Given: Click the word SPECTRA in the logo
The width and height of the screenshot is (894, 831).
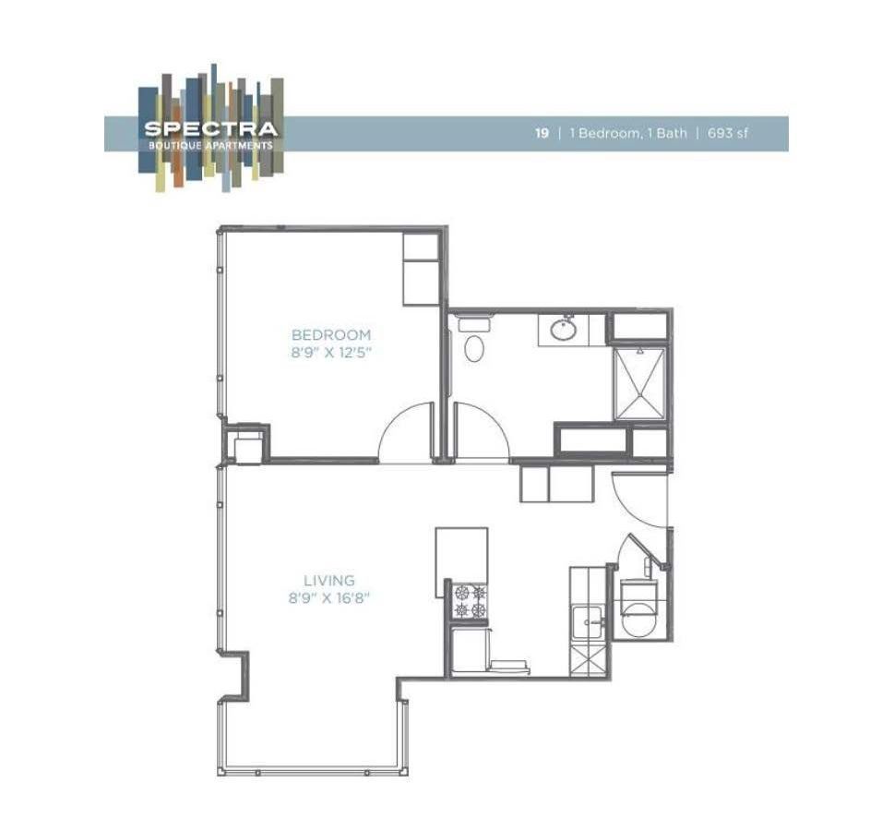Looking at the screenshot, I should [210, 128].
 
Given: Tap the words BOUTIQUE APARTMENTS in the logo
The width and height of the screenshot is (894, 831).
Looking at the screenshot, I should [210, 145].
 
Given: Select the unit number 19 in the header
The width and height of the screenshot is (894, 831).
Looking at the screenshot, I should [542, 133].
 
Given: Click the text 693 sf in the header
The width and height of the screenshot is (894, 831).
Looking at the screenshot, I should [728, 133].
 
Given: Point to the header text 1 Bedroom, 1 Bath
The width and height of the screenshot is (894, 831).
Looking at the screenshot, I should [627, 133].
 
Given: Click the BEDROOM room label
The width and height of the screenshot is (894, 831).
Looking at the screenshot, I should [330, 334].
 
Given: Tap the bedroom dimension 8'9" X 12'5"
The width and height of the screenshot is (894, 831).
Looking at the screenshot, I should [330, 352].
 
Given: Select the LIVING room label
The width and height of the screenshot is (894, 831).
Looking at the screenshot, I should [329, 581].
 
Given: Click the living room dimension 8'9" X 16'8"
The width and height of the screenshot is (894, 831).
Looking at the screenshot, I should [329, 597].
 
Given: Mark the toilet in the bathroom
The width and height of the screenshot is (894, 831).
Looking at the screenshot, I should [474, 344].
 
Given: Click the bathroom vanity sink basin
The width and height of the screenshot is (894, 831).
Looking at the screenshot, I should [562, 329].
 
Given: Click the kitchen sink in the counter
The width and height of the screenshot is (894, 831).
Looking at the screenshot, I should [588, 623].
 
